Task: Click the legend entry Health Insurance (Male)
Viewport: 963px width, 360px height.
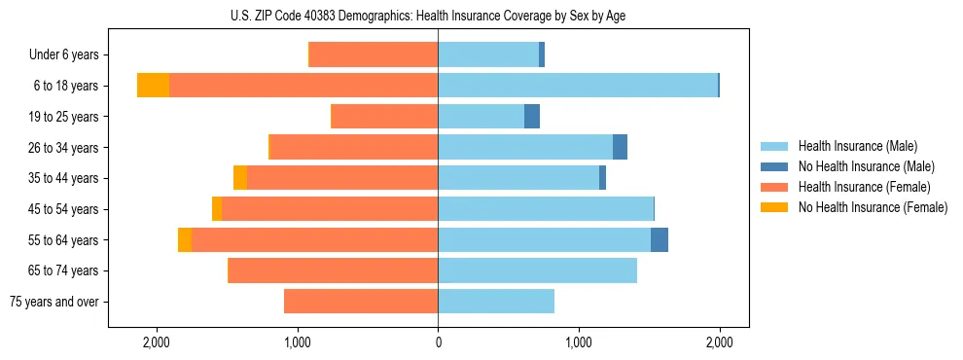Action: click(x=857, y=146)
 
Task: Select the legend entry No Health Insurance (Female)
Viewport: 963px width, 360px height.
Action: click(x=873, y=207)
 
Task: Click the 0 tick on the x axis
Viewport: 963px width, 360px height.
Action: click(x=438, y=342)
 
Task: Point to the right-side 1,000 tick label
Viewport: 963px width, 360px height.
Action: click(x=579, y=342)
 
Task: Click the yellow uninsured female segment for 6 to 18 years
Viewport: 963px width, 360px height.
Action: click(x=153, y=86)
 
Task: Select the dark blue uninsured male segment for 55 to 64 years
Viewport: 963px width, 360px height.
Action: click(x=660, y=239)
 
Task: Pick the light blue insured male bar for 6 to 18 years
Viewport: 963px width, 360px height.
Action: click(x=578, y=86)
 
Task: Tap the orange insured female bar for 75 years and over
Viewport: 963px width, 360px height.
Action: click(x=361, y=302)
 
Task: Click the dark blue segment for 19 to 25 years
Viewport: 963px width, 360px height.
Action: click(x=532, y=117)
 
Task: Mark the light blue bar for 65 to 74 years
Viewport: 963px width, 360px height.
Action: click(x=537, y=270)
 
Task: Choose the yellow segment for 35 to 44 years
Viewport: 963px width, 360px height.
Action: click(x=240, y=178)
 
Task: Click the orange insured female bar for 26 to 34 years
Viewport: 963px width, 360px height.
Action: click(x=354, y=147)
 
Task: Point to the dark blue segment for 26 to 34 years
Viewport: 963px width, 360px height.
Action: click(x=620, y=147)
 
